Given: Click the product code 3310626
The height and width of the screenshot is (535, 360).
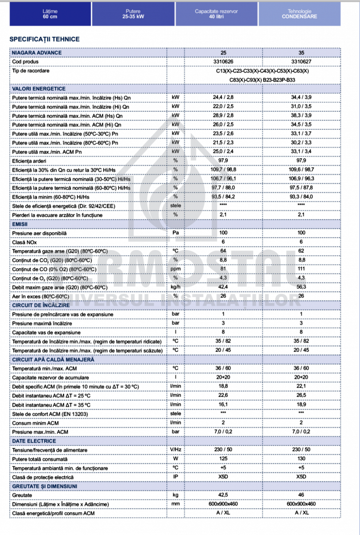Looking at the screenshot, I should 223,62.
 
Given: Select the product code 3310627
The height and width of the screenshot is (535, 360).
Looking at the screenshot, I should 301,62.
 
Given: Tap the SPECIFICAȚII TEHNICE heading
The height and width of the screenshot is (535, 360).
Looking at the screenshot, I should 45,39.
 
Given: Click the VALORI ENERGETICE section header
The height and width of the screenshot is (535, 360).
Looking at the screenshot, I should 39,89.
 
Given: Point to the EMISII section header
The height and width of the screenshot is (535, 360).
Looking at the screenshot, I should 20,224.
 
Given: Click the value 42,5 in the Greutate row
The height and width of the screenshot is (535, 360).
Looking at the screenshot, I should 223,495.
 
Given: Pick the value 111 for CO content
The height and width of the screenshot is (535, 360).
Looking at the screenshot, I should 301,269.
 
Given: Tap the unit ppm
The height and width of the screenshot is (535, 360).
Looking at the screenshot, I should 176,269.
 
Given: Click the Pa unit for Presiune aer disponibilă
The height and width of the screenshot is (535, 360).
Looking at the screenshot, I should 176,233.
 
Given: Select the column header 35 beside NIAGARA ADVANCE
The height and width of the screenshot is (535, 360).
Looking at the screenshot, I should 301,53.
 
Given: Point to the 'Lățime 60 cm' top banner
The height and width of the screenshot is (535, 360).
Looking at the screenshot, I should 50,13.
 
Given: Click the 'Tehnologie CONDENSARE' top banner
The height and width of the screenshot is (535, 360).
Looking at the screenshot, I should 299,13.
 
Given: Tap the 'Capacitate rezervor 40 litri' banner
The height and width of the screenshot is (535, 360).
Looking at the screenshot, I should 216,13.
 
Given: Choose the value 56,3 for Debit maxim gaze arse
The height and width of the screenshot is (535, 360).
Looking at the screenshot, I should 301,287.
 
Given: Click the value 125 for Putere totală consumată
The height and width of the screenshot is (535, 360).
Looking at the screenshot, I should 223,459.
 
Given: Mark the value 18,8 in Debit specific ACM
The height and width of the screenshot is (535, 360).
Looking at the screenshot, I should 223,386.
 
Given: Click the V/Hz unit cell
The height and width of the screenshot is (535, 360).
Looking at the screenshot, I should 176,450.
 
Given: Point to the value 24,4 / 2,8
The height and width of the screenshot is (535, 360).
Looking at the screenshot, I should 223,98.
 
